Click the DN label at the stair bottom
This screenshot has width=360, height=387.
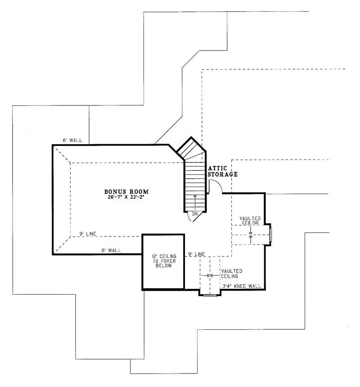tap(195, 214)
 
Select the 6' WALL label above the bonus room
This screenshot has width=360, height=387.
tap(72, 141)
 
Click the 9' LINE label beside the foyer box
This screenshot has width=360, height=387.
tap(196, 255)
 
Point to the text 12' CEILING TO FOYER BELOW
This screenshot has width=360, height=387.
tap(163, 261)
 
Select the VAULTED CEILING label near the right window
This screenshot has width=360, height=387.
tap(249, 220)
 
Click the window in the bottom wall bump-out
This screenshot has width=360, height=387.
tap(210, 296)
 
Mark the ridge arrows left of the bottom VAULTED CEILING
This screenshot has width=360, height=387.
tap(209, 275)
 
